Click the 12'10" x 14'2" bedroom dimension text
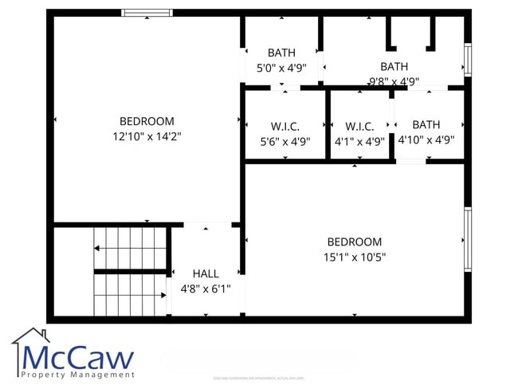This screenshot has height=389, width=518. click(147, 136)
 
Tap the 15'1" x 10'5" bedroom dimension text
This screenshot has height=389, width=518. click(354, 257)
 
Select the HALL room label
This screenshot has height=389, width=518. click(206, 274)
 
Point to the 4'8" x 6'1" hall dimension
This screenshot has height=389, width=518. click(206, 289)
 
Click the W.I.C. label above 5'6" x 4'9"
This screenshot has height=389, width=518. click(285, 126)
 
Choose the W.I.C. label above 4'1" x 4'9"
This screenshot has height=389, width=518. click(360, 126)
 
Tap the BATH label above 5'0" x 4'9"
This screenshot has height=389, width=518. click(281, 53)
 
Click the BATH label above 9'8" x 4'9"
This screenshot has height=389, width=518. click(394, 67)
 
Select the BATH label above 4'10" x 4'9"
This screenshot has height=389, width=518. click(426, 124)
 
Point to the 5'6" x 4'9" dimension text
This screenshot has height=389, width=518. click(285, 141)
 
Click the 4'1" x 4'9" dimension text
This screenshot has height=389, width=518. click(360, 141)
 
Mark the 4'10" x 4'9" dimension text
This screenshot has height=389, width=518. click(426, 139)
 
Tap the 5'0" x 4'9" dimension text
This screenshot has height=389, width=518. click(281, 68)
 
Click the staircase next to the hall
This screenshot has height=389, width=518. click(130, 271)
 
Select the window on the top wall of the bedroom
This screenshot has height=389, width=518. click(147, 13)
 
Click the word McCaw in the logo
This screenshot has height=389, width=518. click(77, 356)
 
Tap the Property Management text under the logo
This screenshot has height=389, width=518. click(77, 375)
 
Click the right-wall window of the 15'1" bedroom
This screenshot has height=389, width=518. click(468, 238)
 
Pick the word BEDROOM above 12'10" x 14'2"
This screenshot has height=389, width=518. click(147, 121)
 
